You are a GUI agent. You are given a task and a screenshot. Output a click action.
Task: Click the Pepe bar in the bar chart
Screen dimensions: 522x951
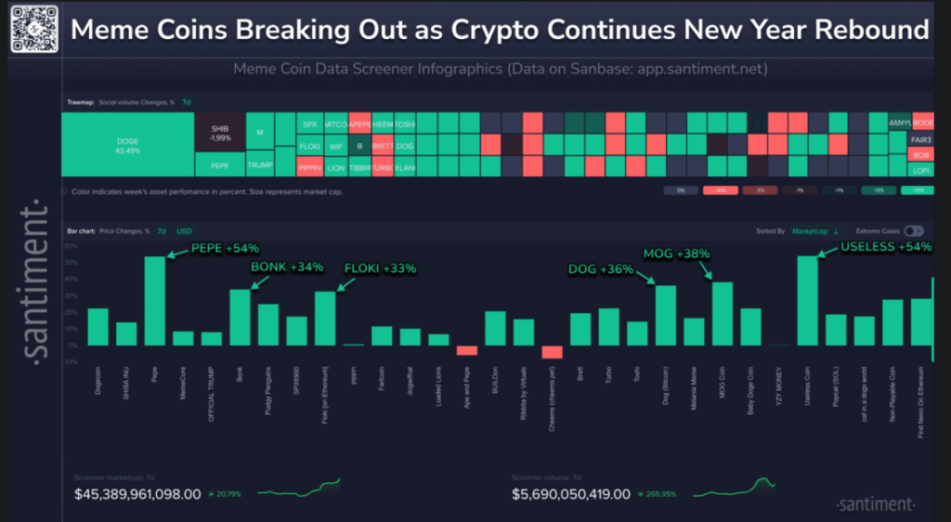[x=154, y=300]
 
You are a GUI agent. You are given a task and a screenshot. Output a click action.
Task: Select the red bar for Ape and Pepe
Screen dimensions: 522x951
[x=466, y=350]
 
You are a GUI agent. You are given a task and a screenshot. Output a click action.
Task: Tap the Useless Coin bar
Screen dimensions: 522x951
[x=808, y=300]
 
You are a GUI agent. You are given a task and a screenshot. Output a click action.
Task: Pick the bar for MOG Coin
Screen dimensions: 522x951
[x=723, y=313]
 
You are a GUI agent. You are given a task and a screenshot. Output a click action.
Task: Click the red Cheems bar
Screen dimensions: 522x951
[x=553, y=351]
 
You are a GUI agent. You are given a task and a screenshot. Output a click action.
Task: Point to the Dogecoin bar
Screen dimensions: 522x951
[x=98, y=326]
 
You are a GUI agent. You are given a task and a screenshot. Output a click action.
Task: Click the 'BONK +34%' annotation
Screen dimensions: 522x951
[x=287, y=268]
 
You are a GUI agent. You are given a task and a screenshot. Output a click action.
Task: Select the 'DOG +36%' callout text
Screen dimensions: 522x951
[x=601, y=269]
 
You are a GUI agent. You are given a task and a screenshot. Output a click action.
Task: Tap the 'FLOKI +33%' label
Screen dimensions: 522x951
[x=380, y=268]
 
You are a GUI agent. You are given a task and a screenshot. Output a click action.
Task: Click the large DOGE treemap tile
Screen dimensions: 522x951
[x=127, y=145]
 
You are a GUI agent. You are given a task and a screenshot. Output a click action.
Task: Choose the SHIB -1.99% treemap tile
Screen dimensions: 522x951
[x=220, y=132]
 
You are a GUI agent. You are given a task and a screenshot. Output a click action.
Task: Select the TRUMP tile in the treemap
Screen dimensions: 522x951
[x=260, y=164]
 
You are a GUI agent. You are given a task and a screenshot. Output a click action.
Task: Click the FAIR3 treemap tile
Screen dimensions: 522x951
[x=921, y=139]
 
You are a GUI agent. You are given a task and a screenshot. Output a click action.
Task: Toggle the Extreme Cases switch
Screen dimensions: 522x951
[x=914, y=230]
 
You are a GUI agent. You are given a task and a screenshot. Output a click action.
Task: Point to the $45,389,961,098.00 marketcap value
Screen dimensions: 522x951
[x=137, y=494]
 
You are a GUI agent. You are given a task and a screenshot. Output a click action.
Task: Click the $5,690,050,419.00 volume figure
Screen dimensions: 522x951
[x=571, y=494]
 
